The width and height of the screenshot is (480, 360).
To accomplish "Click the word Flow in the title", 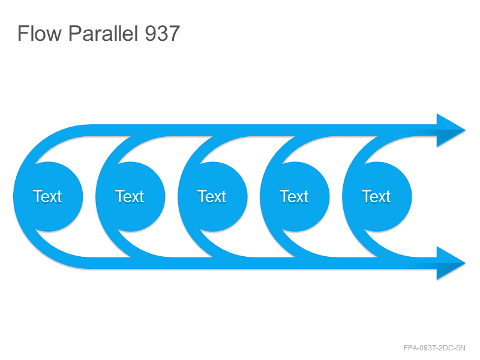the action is click(x=40, y=33).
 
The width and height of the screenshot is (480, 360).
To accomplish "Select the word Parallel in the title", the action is click(x=103, y=33).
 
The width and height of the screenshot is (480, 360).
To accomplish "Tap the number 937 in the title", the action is click(x=162, y=34).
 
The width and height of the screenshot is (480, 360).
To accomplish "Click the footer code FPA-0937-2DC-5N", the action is click(x=434, y=348).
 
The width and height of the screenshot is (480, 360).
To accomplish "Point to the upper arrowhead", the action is click(x=449, y=130).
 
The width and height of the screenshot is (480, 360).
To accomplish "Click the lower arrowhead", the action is click(x=449, y=263).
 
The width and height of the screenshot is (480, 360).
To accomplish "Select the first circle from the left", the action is click(x=48, y=197).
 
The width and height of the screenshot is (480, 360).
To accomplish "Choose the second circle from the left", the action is click(x=130, y=197).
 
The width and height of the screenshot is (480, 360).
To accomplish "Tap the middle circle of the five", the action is click(x=212, y=197).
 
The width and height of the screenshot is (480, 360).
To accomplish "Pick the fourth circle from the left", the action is click(x=295, y=197).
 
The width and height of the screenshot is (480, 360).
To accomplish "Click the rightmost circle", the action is click(x=377, y=197).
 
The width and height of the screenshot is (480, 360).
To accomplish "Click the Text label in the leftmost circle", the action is click(x=47, y=197).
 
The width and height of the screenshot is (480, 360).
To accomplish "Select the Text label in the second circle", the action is click(x=130, y=197).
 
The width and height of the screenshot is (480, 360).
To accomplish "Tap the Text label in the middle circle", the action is click(x=212, y=197).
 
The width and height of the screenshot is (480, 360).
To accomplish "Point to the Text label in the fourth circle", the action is click(x=294, y=197).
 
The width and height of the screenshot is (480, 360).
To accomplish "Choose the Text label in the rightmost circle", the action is click(x=376, y=197).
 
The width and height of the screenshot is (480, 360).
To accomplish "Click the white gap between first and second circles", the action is click(x=89, y=197).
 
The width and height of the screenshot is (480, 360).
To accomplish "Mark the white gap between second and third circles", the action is click(x=172, y=197).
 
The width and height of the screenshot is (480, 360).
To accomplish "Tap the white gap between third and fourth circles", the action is click(x=253, y=197).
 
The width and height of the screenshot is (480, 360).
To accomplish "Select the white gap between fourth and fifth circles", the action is click(x=336, y=197).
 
